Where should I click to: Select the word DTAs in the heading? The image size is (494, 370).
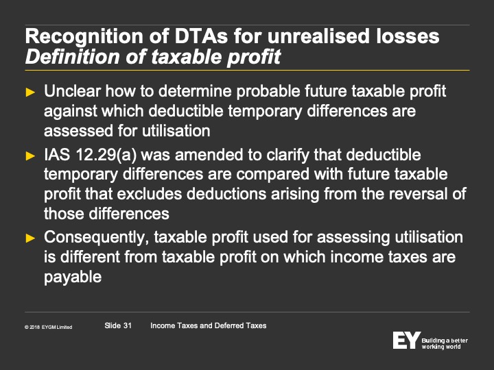click(200, 36)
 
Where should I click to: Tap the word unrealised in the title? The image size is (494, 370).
click(318, 36)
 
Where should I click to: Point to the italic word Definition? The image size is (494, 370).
click(72, 57)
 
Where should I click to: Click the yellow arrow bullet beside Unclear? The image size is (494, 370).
click(30, 92)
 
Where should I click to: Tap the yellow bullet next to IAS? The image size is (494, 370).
click(30, 156)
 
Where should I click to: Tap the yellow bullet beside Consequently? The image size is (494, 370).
click(30, 238)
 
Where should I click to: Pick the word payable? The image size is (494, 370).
click(73, 277)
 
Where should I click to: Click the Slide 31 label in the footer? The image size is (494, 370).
click(118, 325)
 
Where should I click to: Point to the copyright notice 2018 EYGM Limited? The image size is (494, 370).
click(48, 328)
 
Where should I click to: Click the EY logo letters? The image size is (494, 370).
click(406, 340)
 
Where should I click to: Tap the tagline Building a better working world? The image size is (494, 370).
click(445, 343)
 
